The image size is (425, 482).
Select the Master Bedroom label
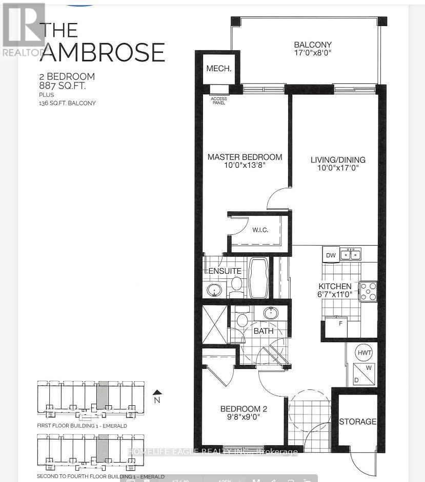pos(245,157)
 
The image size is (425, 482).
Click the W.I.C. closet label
pos(260,229)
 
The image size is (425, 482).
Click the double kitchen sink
pos(351,254)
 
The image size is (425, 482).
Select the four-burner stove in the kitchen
pos(368,291)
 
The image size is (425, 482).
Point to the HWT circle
pos(365,353)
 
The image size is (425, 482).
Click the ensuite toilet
pos(236,284)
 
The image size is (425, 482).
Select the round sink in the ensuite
pos(213,290)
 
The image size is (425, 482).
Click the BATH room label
pos(262,331)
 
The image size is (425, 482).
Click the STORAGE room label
pos(357,422)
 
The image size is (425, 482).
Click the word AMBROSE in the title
pos(103,53)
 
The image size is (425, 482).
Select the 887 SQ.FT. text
pos(67,86)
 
